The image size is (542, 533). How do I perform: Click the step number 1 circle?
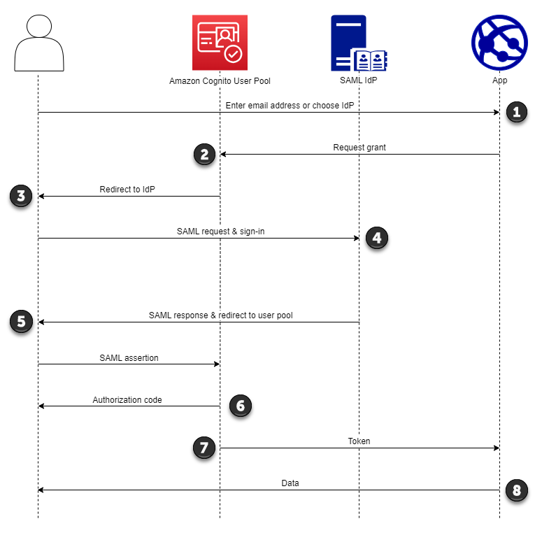pyautogui.click(x=516, y=112)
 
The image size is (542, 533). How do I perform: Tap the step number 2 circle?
pyautogui.click(x=204, y=154)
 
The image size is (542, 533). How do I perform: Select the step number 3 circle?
pyautogui.click(x=21, y=196)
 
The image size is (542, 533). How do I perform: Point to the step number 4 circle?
pyautogui.click(x=376, y=238)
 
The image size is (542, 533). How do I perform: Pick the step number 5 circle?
pyautogui.click(x=21, y=322)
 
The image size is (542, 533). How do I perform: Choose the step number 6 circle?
pyautogui.click(x=239, y=406)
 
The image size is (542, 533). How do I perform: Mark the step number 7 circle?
pyautogui.click(x=204, y=448)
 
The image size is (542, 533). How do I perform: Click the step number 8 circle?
pyautogui.click(x=516, y=490)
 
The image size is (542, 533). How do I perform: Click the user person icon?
pyautogui.click(x=39, y=43)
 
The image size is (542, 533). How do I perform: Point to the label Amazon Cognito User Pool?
pyautogui.click(x=220, y=81)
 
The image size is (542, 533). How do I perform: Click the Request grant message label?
pyautogui.click(x=359, y=148)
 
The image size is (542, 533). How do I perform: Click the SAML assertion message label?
pyautogui.click(x=129, y=357)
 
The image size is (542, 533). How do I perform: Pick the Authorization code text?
pyautogui.click(x=127, y=400)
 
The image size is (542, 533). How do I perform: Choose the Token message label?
pyautogui.click(x=359, y=441)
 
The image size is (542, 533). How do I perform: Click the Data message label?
pyautogui.click(x=290, y=483)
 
